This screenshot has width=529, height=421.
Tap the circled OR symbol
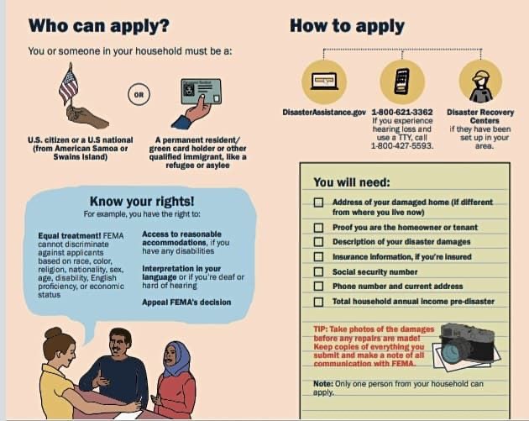[139, 94]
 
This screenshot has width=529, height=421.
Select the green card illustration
[201, 92]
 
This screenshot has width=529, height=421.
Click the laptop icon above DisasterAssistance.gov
[324, 82]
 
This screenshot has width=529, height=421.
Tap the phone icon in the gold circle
[402, 82]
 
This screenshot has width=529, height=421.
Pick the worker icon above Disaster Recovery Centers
[481, 85]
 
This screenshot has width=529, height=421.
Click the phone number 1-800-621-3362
[402, 112]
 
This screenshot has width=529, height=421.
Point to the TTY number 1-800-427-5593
[402, 146]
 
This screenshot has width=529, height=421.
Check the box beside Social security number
[318, 271]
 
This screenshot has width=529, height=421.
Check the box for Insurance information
[318, 256]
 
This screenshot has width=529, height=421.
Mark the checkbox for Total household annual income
[318, 302]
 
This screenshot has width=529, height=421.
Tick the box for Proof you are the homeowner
[318, 228]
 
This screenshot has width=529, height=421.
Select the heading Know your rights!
[142, 201]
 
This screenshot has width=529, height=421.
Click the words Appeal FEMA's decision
[186, 303]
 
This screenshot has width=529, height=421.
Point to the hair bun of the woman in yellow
[53, 333]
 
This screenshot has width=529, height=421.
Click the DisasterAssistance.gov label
[324, 113]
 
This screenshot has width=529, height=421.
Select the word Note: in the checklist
[323, 384]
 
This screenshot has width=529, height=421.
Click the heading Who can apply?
[99, 26]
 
